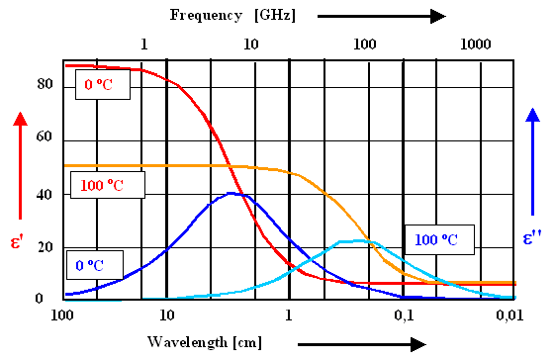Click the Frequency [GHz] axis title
pos(232,15)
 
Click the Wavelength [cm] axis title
pos(206,342)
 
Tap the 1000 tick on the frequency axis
pos(476,45)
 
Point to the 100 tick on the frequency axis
pos(365,45)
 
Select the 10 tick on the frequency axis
pos(250,45)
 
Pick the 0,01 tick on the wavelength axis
pos(508,315)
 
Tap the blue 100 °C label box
pos(438,239)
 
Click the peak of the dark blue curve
pos(233,193)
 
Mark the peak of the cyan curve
pos(353,240)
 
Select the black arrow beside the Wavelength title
pos(352,344)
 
